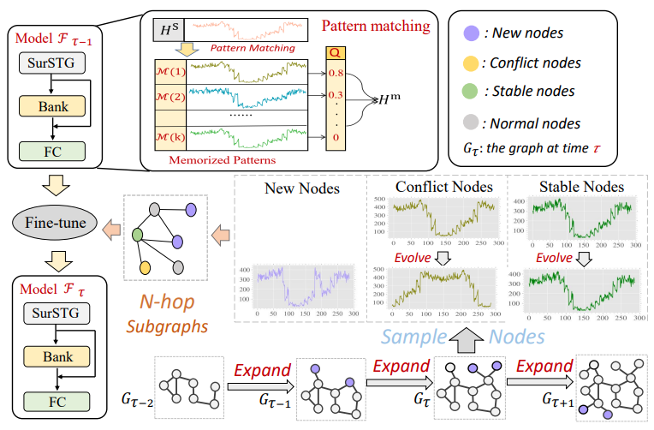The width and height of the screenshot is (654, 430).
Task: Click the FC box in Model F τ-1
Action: coord(53,152)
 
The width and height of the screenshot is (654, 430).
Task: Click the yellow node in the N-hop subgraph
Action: coord(147,268)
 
